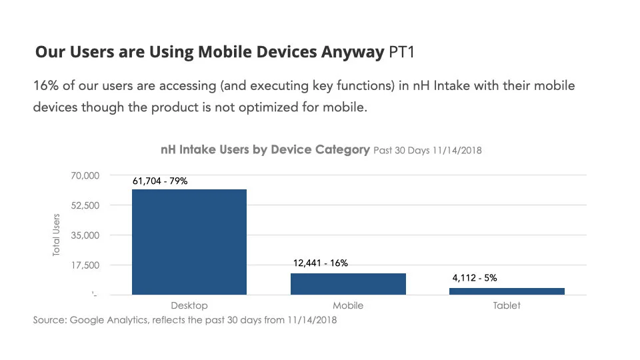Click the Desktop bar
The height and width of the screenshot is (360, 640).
pos(189,242)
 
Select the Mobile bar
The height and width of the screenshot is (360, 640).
pos(348,284)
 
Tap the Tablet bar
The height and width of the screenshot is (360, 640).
pos(507,291)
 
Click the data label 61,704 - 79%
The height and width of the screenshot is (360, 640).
pos(160,180)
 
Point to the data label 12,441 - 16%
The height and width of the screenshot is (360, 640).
pos(321,263)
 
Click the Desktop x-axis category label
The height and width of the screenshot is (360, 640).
pos(189,306)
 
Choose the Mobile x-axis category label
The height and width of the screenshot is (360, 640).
pos(348,306)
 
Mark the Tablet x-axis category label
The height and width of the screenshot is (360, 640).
pos(507,306)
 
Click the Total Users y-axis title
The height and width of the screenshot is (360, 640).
pos(57,235)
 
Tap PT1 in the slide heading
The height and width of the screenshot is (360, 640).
pos(401,53)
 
